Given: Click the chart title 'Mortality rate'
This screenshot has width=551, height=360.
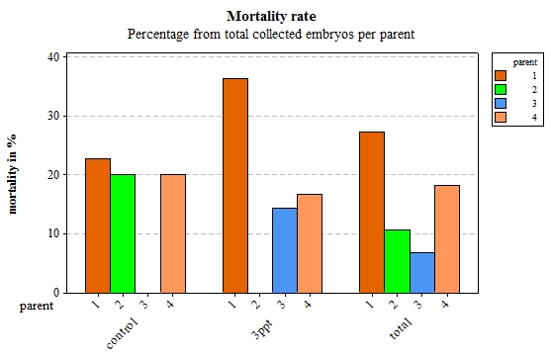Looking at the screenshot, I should pos(270,16).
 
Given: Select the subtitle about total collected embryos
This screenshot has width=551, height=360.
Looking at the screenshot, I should pos(270,34).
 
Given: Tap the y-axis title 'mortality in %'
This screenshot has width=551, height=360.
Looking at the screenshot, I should pos(12,175).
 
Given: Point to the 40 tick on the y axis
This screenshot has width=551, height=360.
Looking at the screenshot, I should pos(53,56).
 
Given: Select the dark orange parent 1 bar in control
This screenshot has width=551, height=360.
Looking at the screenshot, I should pos(98,225).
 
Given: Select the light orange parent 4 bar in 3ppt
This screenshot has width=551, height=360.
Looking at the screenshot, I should pos(310,243).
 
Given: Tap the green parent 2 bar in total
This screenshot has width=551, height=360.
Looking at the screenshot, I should pos(397,261).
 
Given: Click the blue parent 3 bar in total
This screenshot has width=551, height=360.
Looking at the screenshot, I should pos(422,272).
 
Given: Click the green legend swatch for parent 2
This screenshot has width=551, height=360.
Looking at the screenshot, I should pos(501,89).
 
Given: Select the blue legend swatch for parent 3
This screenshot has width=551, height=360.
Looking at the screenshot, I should pos(501,103).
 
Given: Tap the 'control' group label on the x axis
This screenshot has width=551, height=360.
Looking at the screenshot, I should pos(123,332).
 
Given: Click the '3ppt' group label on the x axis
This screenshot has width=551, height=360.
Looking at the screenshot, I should pos(263,328).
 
